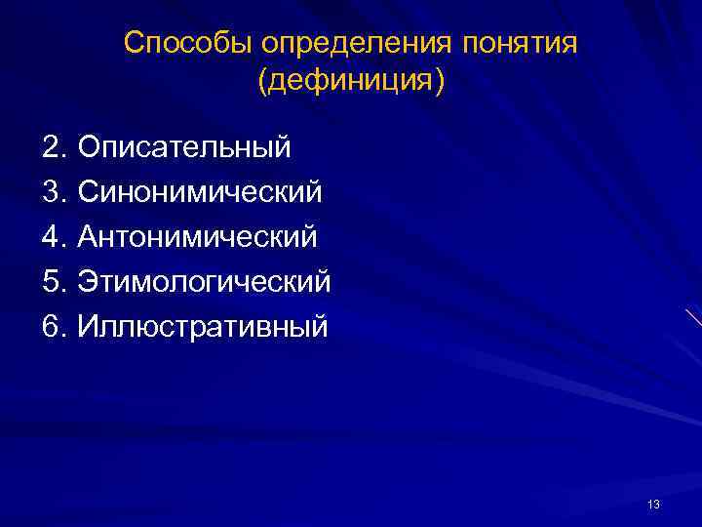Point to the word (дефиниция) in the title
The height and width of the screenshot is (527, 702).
(351, 81)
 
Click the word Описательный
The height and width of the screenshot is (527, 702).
(184, 147)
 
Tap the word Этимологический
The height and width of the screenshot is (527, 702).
(205, 282)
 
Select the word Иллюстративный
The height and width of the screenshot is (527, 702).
(203, 327)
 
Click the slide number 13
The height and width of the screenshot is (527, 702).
(653, 505)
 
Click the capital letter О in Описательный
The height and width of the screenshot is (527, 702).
(89, 147)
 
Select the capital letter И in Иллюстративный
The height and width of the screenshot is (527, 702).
(89, 327)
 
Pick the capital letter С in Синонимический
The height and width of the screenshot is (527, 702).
(89, 192)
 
